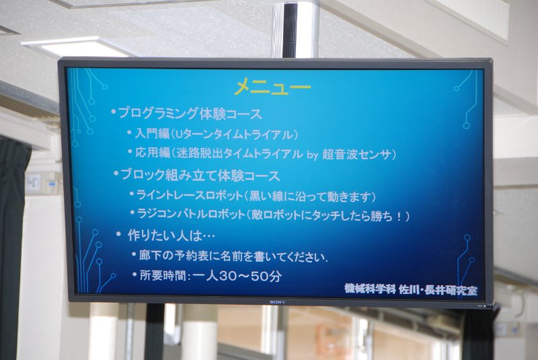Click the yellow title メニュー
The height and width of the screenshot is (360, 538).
[x=272, y=87]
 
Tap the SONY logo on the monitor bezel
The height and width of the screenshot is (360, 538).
[x=277, y=302]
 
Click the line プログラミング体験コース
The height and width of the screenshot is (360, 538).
[x=190, y=114]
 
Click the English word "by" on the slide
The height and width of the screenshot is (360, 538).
[x=313, y=155]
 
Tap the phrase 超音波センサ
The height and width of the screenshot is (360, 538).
[x=357, y=155]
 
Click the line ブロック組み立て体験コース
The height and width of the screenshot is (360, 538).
[x=200, y=176]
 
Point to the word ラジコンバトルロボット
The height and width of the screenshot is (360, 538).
[x=191, y=214]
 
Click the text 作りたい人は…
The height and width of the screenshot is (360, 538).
[x=171, y=236]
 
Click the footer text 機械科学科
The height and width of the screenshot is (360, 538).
[x=371, y=289]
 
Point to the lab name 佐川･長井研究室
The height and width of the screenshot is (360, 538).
[x=438, y=290]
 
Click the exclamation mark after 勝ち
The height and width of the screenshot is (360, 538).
[x=399, y=217]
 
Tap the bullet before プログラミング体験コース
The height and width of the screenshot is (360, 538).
[x=114, y=112]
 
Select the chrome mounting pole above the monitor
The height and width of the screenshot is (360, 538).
[x=295, y=29]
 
